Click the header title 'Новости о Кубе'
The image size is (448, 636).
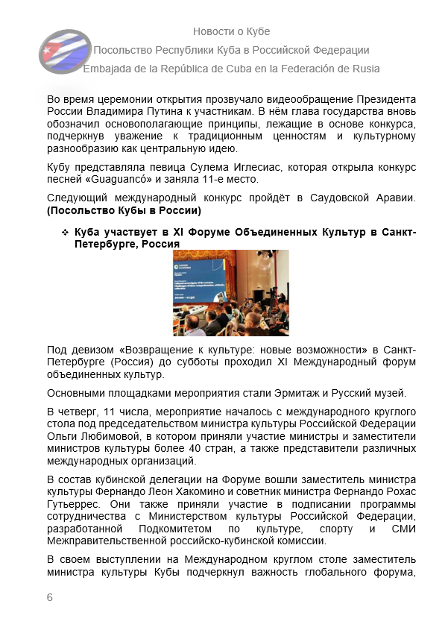point(231,31)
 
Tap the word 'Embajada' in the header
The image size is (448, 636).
point(107,69)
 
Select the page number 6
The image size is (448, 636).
point(50,597)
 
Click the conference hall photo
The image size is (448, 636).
point(230,292)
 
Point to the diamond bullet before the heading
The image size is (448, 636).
point(64,233)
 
